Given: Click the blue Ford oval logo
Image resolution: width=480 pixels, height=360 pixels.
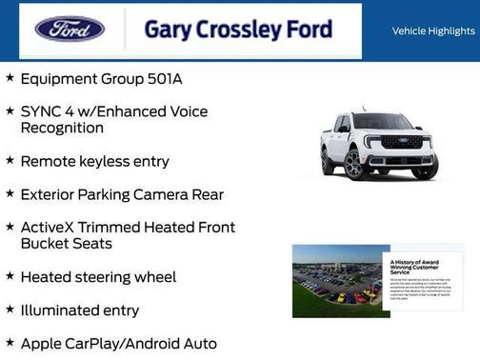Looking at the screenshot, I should tap(70, 29).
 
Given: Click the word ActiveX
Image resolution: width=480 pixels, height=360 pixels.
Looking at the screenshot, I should tap(50, 228).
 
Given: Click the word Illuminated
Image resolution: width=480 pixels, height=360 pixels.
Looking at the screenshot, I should tap(66, 310).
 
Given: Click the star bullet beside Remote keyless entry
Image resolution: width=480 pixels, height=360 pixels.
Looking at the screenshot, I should tap(10, 160).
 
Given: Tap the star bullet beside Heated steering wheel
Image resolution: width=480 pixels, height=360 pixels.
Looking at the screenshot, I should tap(10, 276).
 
